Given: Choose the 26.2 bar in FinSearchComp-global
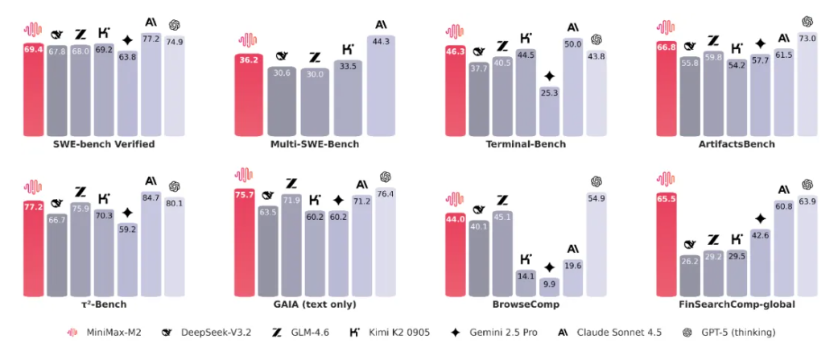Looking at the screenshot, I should (x=689, y=275).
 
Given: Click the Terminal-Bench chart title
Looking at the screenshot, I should (x=526, y=144).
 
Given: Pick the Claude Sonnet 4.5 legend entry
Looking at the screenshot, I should (x=614, y=332).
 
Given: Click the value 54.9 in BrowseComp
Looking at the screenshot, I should (x=597, y=198).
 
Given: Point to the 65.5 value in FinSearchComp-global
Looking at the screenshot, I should (x=666, y=197).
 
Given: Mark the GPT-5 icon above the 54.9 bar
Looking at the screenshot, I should (x=597, y=181).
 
